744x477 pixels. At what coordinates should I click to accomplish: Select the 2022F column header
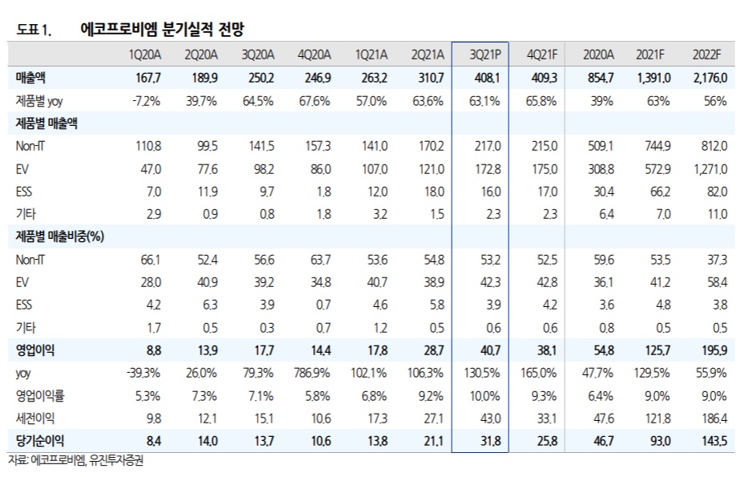coord(706,55)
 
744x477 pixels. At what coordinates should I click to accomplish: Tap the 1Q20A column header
coord(145,55)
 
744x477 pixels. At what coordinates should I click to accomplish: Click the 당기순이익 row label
coord(41,440)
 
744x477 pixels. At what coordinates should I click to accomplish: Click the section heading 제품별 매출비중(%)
coord(61,236)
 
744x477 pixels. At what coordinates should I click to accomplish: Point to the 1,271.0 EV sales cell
coord(707,169)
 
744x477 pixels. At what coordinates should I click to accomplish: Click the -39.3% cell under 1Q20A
coord(145,373)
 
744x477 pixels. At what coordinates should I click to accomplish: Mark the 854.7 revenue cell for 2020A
coord(599,79)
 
